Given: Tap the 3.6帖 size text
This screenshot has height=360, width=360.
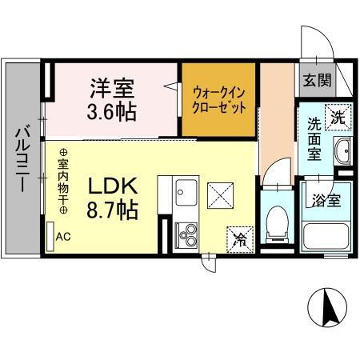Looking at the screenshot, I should (113, 110).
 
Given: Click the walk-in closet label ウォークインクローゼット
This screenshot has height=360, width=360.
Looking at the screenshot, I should (218, 98).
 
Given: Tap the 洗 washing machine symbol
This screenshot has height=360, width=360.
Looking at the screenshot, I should (338, 116).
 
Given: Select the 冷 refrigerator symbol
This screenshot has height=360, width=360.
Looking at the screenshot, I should (240, 238).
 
